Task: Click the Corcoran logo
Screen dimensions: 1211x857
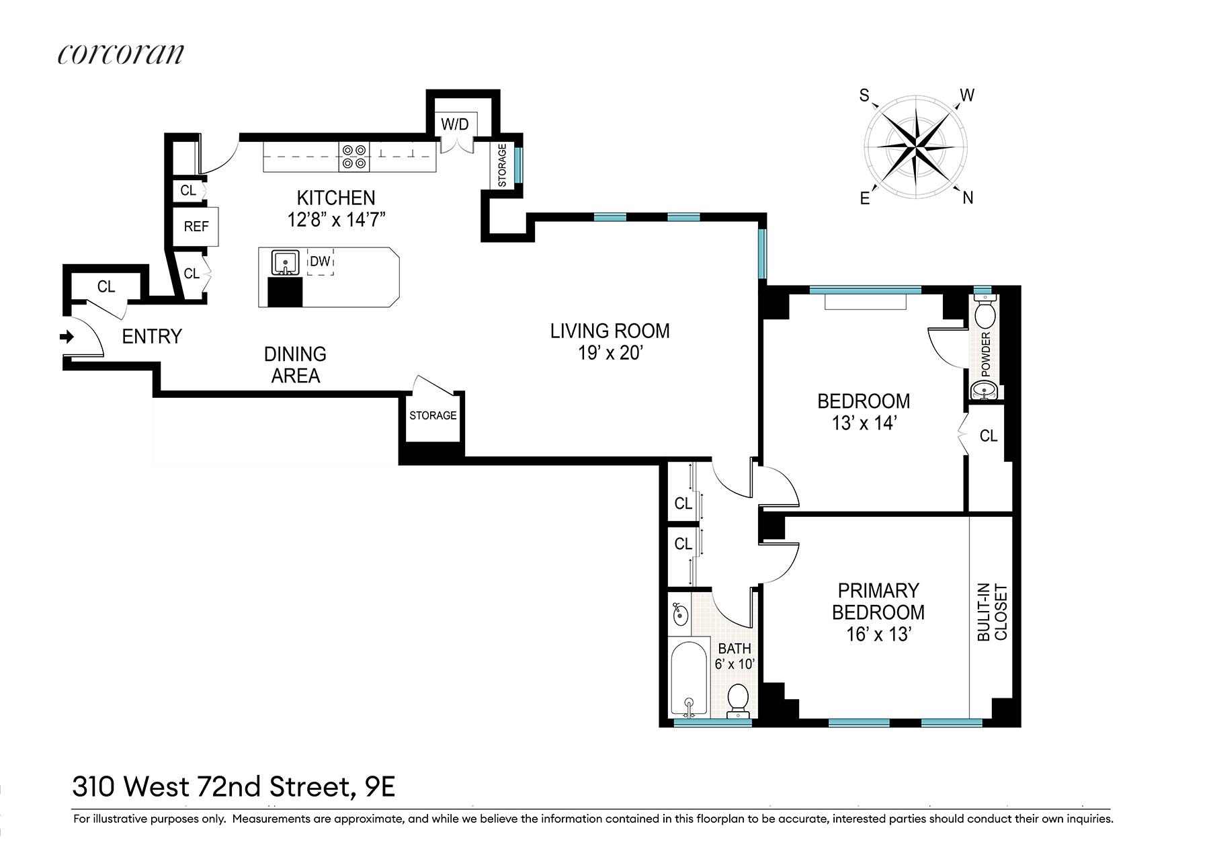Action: pyautogui.click(x=120, y=54)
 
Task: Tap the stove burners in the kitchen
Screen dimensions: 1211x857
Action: pyautogui.click(x=354, y=156)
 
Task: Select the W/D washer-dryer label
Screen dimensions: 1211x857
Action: pyautogui.click(x=454, y=124)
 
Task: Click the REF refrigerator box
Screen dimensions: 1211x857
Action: pyautogui.click(x=196, y=227)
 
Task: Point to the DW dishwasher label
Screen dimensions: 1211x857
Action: pyautogui.click(x=320, y=261)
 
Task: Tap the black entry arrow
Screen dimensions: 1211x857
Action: pyautogui.click(x=67, y=337)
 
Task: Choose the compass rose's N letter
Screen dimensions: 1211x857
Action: pyautogui.click(x=968, y=198)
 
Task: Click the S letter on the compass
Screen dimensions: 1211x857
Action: pyautogui.click(x=864, y=95)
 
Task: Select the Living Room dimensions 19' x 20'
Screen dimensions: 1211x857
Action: pyautogui.click(x=610, y=353)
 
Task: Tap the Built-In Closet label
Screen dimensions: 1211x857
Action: pyautogui.click(x=993, y=614)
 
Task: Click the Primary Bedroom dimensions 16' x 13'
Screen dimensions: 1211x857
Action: pyautogui.click(x=878, y=635)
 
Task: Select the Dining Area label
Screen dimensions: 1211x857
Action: pyautogui.click(x=295, y=365)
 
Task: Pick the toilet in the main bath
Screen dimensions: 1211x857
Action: pyautogui.click(x=739, y=701)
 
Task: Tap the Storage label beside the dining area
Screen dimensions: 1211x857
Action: pyautogui.click(x=433, y=415)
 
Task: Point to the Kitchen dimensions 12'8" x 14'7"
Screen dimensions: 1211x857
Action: pyautogui.click(x=337, y=220)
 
